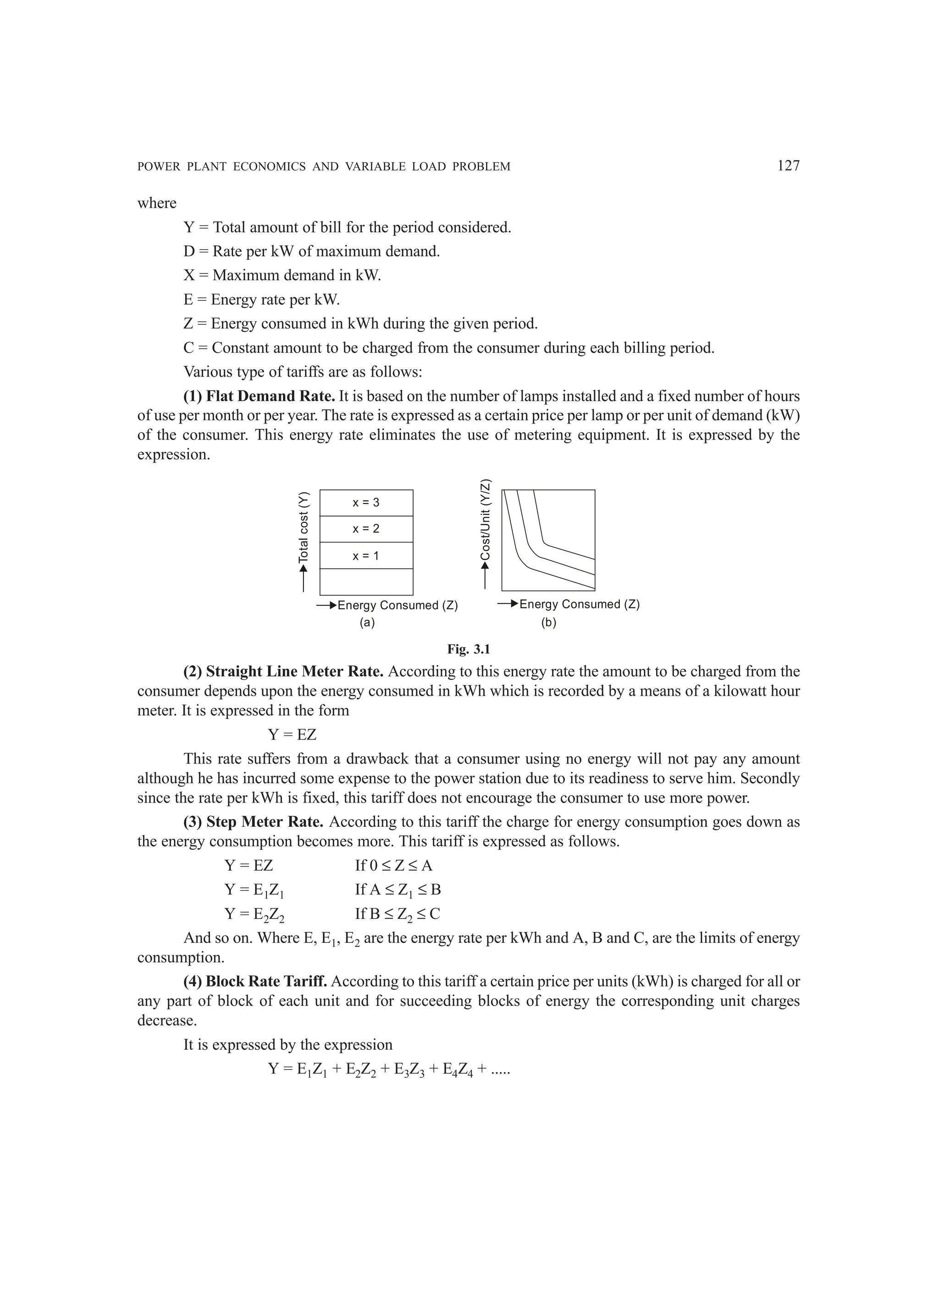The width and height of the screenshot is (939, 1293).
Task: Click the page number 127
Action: click(x=789, y=166)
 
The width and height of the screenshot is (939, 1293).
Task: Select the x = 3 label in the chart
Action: click(x=366, y=502)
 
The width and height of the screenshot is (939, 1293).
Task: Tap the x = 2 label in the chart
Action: click(x=366, y=529)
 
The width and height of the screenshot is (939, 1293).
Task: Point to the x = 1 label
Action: click(x=366, y=555)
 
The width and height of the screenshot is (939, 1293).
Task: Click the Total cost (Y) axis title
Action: click(x=304, y=527)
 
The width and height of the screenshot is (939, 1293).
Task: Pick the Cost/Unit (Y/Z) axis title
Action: click(x=486, y=519)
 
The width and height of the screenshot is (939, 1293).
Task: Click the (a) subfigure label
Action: click(x=367, y=623)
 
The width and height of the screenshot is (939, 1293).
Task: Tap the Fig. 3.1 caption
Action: click(x=469, y=649)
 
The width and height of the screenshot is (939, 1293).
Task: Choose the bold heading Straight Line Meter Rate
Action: click(x=283, y=672)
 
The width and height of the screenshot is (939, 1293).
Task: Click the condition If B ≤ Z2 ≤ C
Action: click(x=397, y=914)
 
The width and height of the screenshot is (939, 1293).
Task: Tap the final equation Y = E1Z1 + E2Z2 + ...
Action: click(x=389, y=1069)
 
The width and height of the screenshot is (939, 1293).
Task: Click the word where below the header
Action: click(x=157, y=204)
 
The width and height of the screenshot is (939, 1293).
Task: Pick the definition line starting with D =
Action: click(x=311, y=251)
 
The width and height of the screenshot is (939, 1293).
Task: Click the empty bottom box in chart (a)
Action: click(x=366, y=581)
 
